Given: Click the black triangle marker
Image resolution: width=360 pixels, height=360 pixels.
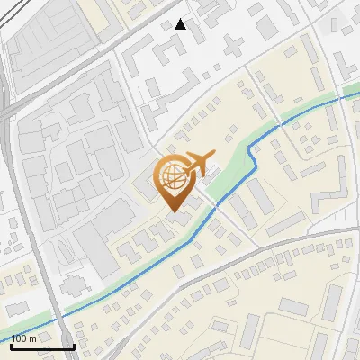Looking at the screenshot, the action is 181,24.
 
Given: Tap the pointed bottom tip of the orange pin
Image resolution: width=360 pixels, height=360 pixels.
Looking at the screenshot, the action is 174,211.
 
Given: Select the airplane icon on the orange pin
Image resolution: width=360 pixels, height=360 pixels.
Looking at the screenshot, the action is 199,163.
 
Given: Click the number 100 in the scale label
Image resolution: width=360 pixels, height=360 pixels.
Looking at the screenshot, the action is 19,338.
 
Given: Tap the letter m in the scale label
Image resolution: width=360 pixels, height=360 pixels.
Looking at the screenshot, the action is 33,338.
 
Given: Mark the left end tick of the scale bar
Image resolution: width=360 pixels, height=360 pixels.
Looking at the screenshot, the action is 11,346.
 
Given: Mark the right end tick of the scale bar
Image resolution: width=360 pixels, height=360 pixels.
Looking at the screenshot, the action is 74,346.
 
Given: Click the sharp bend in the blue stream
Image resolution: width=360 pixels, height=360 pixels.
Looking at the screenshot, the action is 253,155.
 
